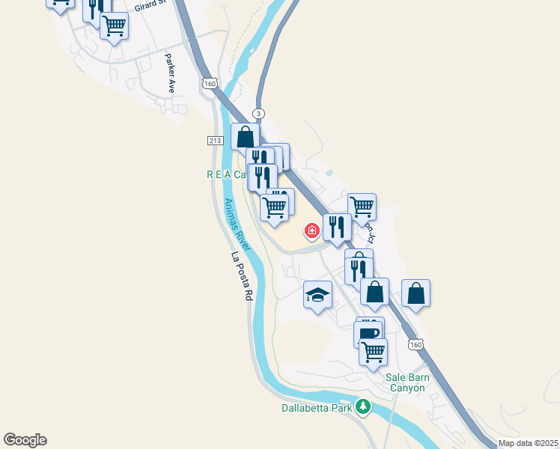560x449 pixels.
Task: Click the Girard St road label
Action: coord(150,7)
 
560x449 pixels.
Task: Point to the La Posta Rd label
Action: coord(240,276)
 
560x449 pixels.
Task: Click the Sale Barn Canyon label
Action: coord(408,382)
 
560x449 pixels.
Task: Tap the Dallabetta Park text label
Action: coord(317,408)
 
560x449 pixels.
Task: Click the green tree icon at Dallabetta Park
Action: coord(363,407)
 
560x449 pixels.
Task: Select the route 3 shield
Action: coord(258,113)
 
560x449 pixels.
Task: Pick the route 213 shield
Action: coord(215,141)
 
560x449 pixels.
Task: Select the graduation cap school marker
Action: coord(317,294)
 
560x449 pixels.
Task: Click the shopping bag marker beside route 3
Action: coord(245,137)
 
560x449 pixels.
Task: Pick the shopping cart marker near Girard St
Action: coord(114,25)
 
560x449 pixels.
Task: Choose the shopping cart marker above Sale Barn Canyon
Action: coord(373,350)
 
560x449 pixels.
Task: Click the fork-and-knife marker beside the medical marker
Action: coord(337,226)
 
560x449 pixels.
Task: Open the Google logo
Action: coord(25,440)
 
